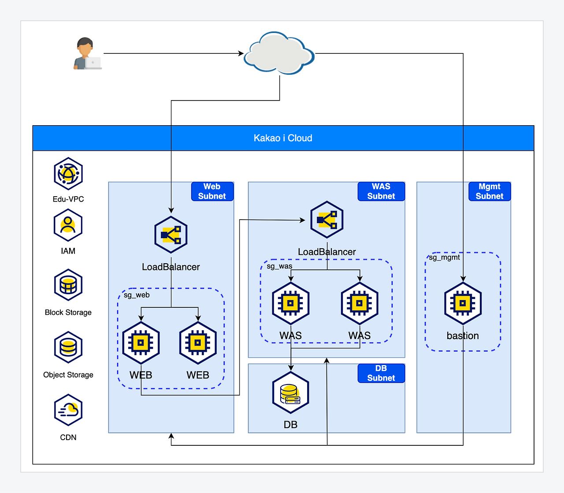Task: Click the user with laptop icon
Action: (x=87, y=54)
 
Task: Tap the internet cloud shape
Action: (x=279, y=53)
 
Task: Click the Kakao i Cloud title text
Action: (x=283, y=138)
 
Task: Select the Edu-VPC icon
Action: (x=68, y=173)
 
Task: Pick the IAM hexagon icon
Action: (x=68, y=225)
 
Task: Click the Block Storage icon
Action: (x=68, y=285)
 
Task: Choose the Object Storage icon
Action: (x=68, y=347)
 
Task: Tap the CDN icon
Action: (x=68, y=410)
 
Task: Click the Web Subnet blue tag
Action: (x=212, y=191)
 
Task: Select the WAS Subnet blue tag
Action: (x=381, y=191)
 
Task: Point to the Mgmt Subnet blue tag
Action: (x=489, y=191)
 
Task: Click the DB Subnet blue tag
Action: (x=381, y=373)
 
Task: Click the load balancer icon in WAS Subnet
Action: (x=327, y=220)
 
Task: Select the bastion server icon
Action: (x=463, y=303)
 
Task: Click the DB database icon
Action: (x=290, y=393)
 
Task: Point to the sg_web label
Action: (x=137, y=295)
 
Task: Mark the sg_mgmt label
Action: (x=444, y=257)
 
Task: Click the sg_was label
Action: (x=279, y=266)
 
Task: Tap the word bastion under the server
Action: (x=463, y=336)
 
